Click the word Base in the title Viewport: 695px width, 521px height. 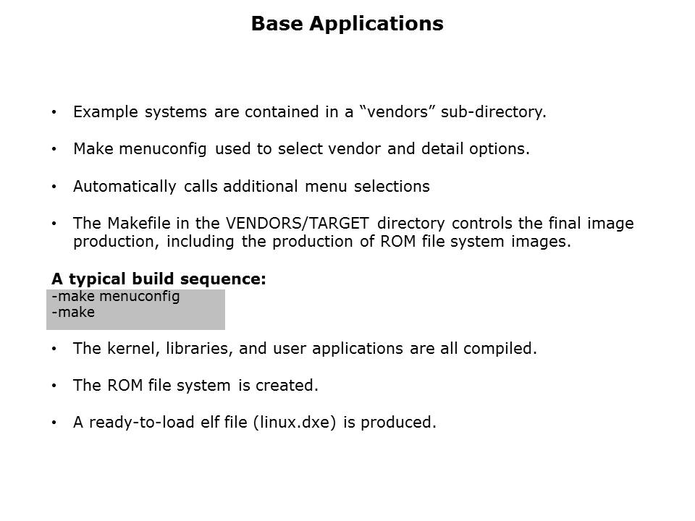(278, 23)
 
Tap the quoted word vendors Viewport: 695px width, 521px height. (394, 111)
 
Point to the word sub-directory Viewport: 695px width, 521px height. (493, 112)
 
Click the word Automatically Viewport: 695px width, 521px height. (125, 187)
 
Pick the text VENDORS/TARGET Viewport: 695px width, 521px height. (297, 224)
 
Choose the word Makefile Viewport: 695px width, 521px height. (139, 223)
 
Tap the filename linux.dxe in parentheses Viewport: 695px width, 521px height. (295, 422)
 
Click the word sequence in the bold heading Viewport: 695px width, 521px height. (223, 279)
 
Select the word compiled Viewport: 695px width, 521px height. (500, 349)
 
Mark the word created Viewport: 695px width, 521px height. (287, 386)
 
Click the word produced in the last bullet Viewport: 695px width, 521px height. (398, 423)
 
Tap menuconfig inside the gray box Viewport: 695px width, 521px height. (140, 297)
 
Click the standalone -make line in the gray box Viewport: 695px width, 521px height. (73, 313)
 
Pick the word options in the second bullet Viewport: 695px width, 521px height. (500, 149)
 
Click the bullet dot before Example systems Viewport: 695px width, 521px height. (54, 112)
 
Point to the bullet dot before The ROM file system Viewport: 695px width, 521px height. (54, 386)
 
